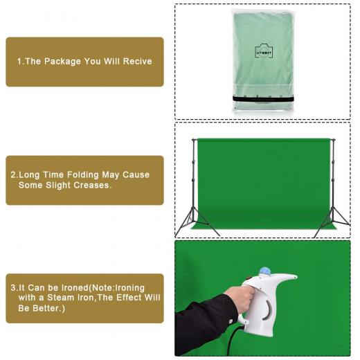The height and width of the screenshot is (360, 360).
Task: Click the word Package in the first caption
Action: [x=62, y=62]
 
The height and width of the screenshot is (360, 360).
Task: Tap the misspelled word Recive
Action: [x=137, y=61]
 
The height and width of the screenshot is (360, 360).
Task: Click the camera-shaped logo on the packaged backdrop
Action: [x=264, y=51]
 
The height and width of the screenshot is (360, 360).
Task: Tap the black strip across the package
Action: [x=263, y=99]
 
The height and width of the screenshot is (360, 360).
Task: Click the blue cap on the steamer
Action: [x=265, y=271]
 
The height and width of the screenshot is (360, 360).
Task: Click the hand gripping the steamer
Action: [x=240, y=298]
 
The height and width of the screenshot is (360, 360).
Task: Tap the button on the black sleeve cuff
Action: [x=230, y=321]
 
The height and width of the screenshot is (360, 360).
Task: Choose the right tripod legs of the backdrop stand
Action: [x=332, y=222]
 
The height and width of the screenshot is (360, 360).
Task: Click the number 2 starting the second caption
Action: [x=13, y=174]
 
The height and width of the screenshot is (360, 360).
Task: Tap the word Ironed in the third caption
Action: [x=75, y=288]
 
